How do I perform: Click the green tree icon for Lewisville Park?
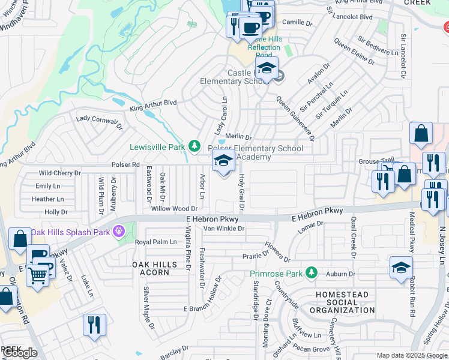(x=194, y=146)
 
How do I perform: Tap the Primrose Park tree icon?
(x=311, y=273)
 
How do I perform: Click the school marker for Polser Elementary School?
(x=223, y=161)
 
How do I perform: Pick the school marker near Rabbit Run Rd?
(x=401, y=268)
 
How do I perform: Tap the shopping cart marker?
(x=37, y=277)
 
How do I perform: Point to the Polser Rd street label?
(x=125, y=164)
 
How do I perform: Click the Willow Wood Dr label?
(x=174, y=209)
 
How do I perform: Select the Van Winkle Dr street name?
(x=224, y=229)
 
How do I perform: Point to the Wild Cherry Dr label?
(x=59, y=173)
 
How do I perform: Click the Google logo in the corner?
(x=19, y=353)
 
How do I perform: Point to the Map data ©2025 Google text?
(x=411, y=355)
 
